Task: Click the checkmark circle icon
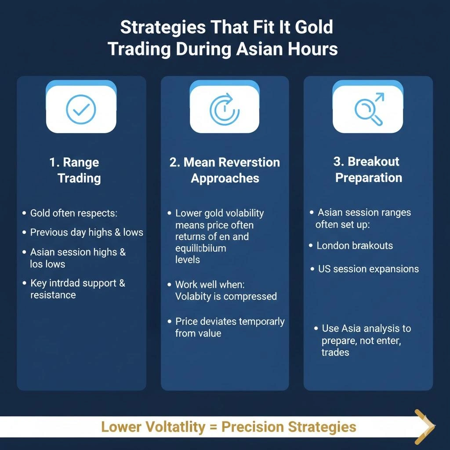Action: (81, 109)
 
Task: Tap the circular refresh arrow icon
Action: (225, 109)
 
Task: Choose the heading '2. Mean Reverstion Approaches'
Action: (225, 170)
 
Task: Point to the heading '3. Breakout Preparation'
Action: (368, 169)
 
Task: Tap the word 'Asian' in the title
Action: (261, 48)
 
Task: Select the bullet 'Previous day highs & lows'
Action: (86, 232)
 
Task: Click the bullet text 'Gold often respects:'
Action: (73, 213)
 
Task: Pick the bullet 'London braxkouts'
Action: (354, 245)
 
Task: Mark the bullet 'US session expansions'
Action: (368, 269)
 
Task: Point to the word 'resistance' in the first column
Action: (53, 295)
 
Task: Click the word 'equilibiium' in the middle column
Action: (200, 248)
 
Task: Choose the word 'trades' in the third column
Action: (335, 352)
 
